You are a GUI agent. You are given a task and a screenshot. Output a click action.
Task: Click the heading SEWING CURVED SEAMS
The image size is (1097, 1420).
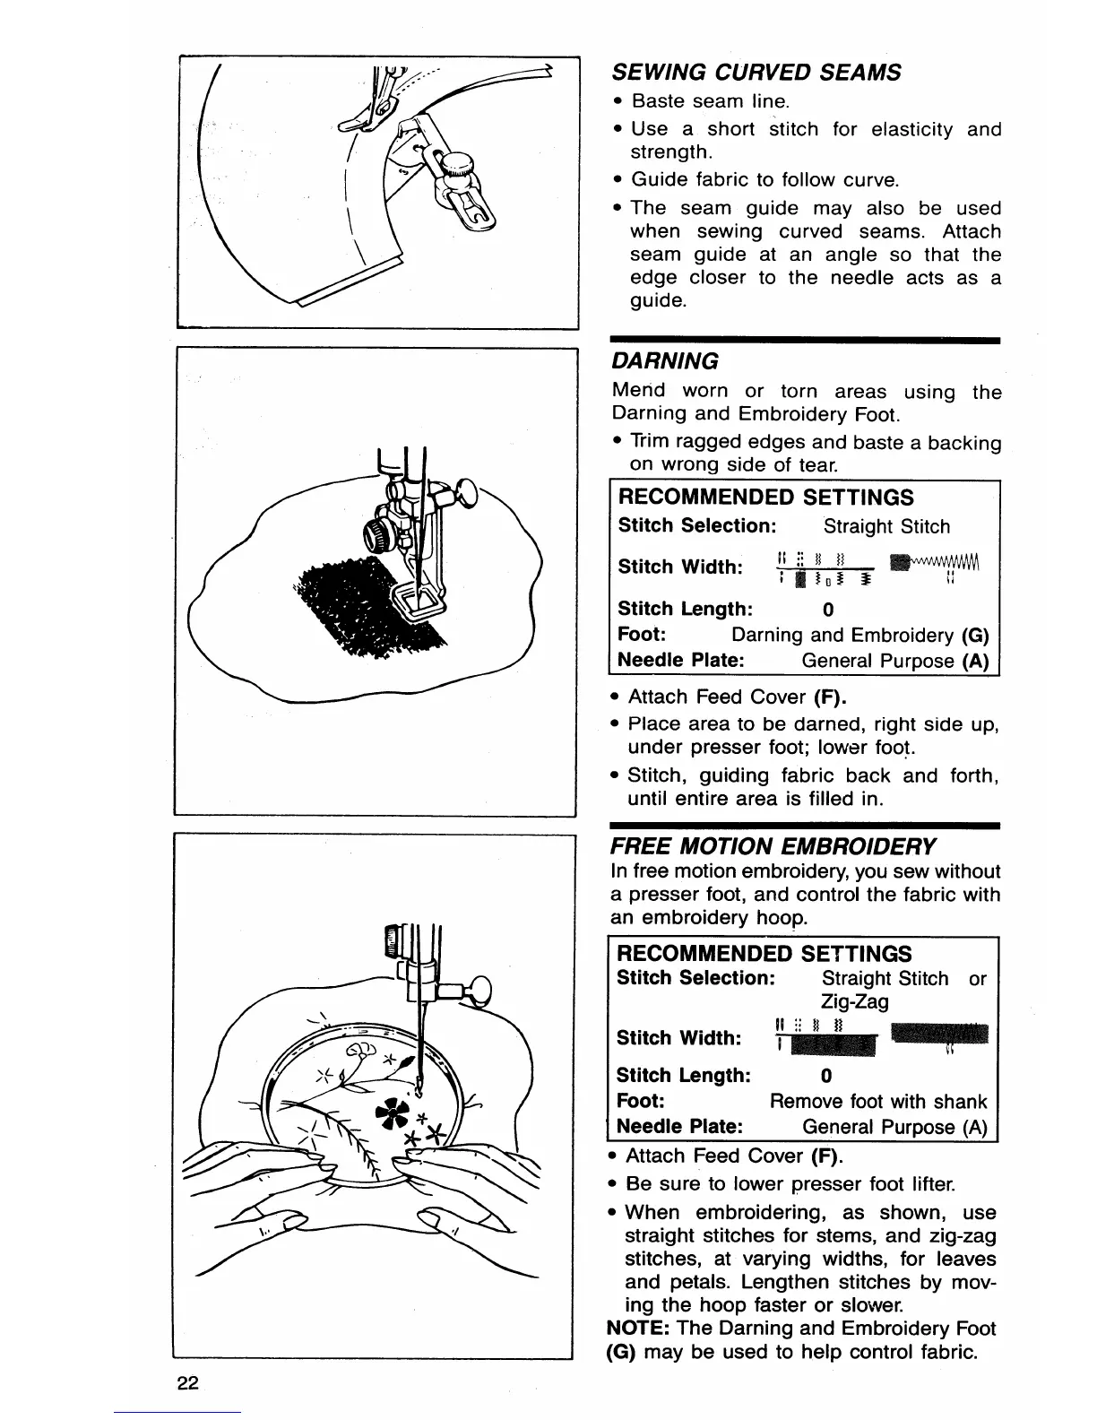click(x=756, y=72)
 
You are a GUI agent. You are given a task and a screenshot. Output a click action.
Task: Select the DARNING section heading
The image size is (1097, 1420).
click(x=664, y=361)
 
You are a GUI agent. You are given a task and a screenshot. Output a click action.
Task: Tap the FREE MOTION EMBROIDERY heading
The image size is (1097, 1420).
click(x=773, y=846)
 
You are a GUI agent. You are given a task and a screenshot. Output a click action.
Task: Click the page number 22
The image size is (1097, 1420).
click(x=186, y=1381)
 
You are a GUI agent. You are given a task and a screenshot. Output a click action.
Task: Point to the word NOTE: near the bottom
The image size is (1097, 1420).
click(x=640, y=1328)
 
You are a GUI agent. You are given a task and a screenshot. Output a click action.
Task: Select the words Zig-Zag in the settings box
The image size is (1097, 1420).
click(x=854, y=1001)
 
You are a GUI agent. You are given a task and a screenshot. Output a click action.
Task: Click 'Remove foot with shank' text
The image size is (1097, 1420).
click(x=878, y=1101)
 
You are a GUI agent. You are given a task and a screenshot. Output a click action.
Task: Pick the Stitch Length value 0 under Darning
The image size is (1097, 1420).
click(x=827, y=610)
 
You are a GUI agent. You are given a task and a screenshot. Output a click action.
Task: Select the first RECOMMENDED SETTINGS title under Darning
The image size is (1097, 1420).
click(x=766, y=498)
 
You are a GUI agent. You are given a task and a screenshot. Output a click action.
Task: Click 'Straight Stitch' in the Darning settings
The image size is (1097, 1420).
click(x=886, y=526)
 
